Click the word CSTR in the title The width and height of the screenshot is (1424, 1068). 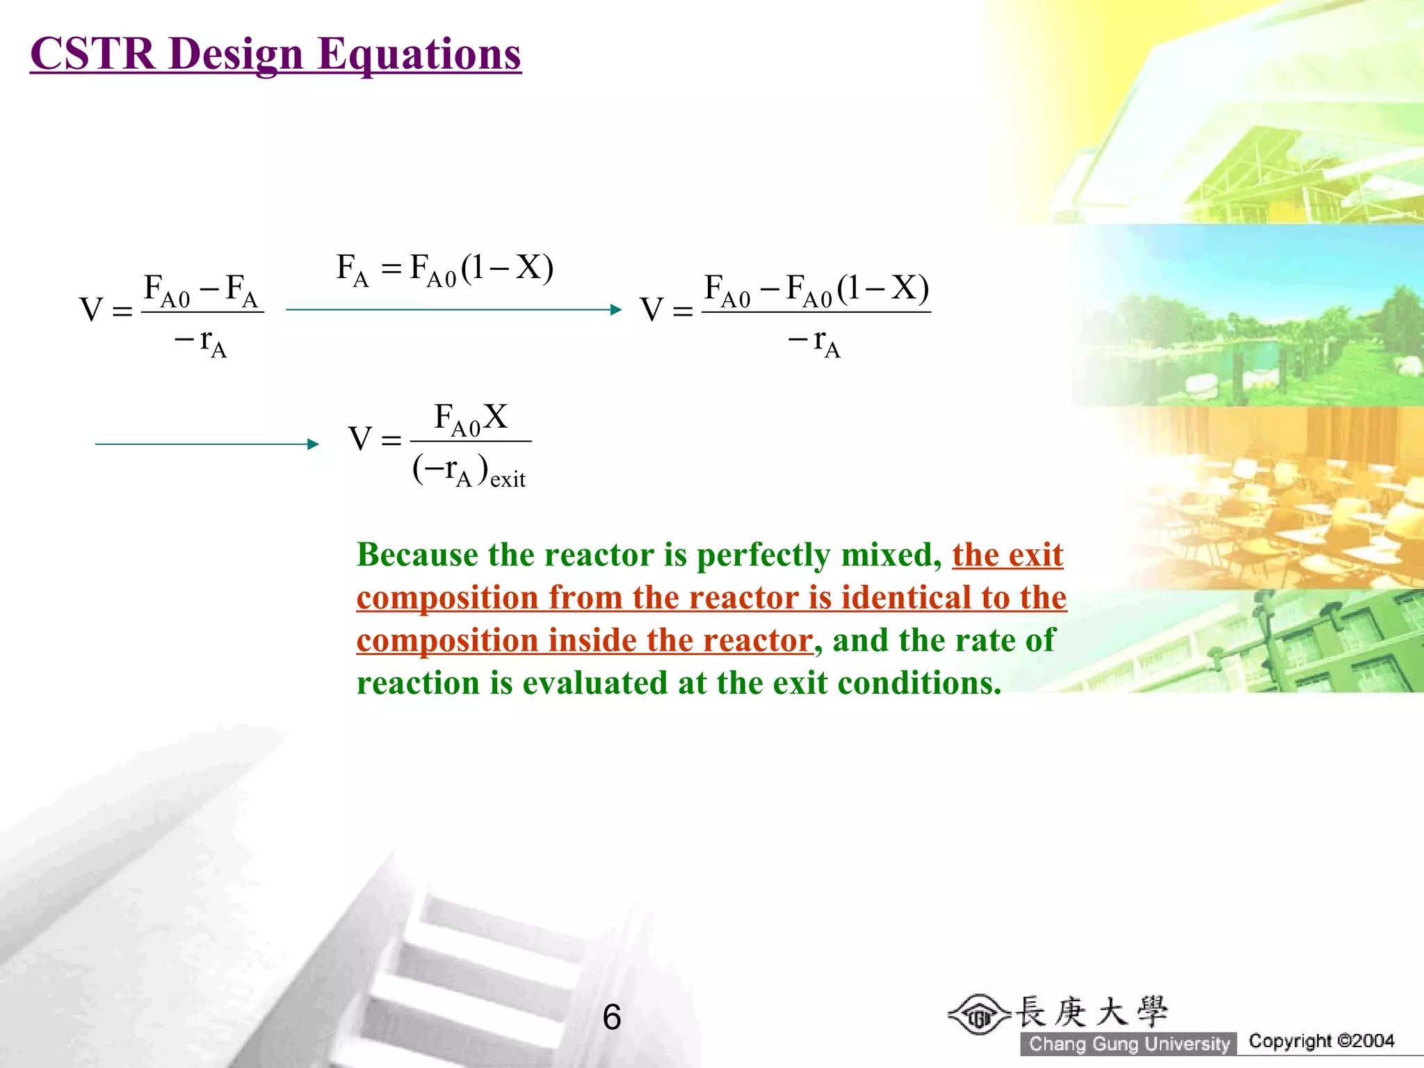tap(92, 54)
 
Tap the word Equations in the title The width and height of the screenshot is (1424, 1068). tap(419, 54)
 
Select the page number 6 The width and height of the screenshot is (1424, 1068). tap(612, 1017)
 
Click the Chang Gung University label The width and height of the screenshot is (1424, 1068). tap(1129, 1044)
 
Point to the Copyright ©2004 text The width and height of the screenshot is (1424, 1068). tap(1321, 1041)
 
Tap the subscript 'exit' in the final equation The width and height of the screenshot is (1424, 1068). tap(508, 480)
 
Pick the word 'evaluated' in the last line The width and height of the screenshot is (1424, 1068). tap(596, 683)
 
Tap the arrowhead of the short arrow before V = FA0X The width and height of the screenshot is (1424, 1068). tap(313, 444)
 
